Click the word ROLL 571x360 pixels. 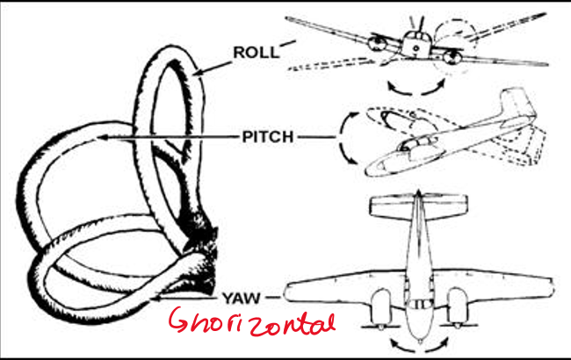[x=256, y=52]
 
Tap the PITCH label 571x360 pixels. [x=267, y=137]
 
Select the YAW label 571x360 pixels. [x=243, y=296]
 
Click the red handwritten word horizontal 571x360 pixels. [x=252, y=322]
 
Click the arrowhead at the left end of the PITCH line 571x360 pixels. [x=98, y=138]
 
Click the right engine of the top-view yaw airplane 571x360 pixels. [x=456, y=305]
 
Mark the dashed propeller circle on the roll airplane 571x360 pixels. [x=462, y=40]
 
